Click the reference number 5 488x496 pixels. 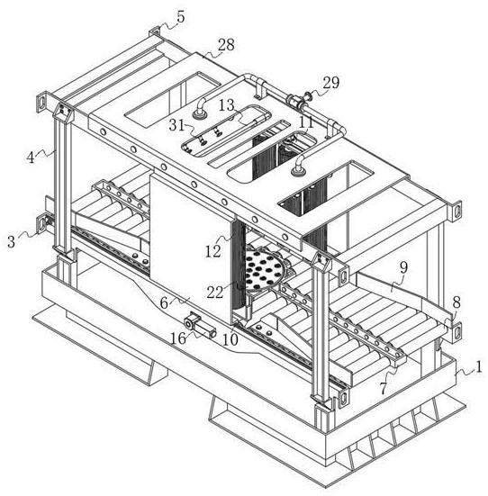point(181,17)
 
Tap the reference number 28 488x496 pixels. point(226,45)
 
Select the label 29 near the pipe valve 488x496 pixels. point(331,83)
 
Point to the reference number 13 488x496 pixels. point(227,105)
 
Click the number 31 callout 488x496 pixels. point(176,125)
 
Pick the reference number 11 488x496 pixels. point(306,122)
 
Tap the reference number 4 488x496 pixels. point(31,158)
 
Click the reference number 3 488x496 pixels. point(12,241)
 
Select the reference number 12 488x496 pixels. point(213,251)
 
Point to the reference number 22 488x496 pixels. point(215,293)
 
